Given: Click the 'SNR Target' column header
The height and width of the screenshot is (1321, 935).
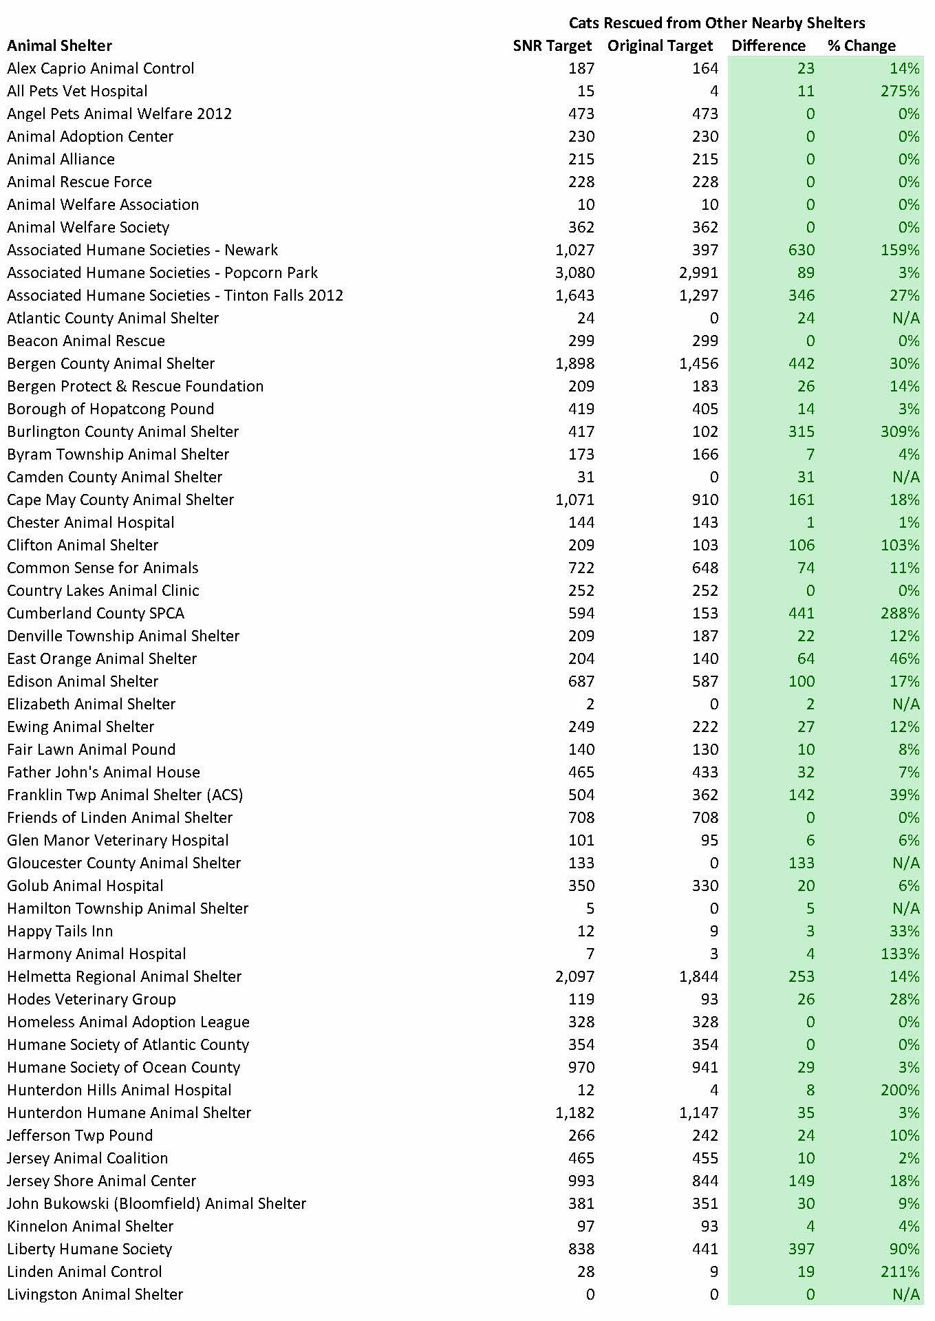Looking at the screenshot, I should (x=552, y=46).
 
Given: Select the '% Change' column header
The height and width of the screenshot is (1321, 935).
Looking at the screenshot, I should (x=861, y=46).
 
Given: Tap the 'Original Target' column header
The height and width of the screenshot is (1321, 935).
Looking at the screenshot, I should (x=660, y=46).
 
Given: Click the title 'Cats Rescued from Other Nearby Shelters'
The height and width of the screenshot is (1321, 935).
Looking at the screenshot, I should (x=716, y=23).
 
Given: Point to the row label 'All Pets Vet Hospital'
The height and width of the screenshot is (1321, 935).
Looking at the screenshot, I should (x=77, y=91).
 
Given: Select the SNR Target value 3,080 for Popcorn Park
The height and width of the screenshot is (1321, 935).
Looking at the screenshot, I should (x=574, y=272).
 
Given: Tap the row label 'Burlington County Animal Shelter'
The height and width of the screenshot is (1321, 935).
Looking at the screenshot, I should (x=122, y=431).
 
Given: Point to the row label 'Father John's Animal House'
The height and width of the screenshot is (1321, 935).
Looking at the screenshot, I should (x=103, y=772).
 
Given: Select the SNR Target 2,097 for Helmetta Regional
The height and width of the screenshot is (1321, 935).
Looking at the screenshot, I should (x=574, y=976).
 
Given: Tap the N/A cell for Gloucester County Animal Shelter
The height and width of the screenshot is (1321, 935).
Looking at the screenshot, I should (x=905, y=863).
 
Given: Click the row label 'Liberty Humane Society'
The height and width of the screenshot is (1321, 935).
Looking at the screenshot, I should (x=89, y=1249).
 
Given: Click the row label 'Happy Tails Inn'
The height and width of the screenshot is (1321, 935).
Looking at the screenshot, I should (x=60, y=931).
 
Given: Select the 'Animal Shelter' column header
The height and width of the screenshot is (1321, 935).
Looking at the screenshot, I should (x=59, y=46).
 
